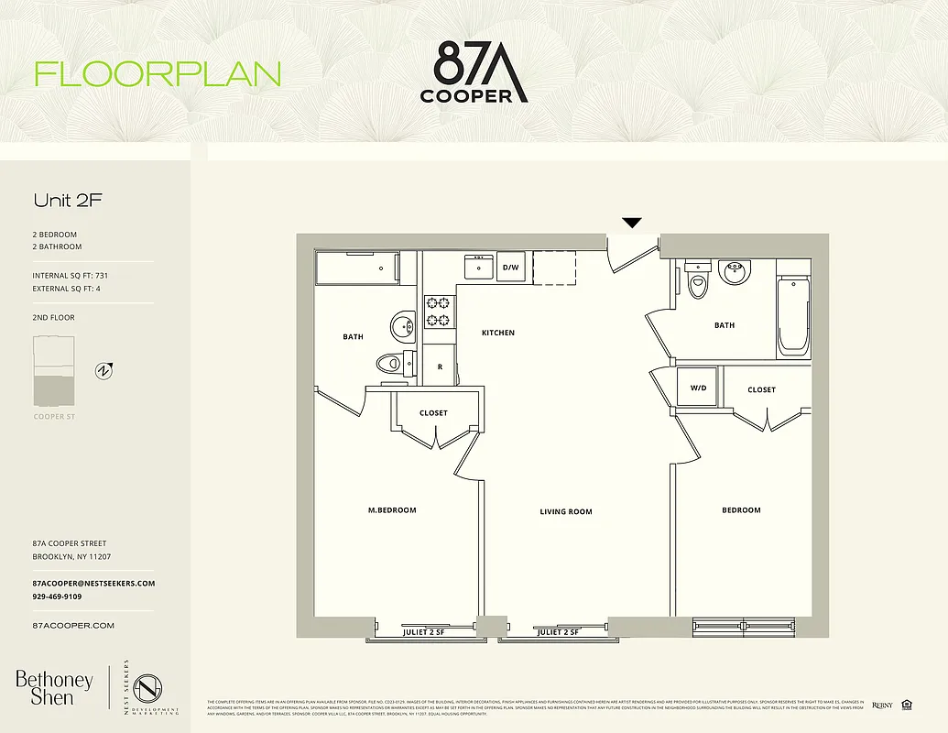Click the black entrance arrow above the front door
pyautogui.click(x=632, y=223)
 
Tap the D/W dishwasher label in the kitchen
pyautogui.click(x=511, y=268)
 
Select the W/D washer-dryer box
pyautogui.click(x=699, y=388)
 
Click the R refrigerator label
pyautogui.click(x=441, y=366)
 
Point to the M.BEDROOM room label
pyautogui.click(x=392, y=510)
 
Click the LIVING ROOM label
pyautogui.click(x=566, y=512)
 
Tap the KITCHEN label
pyautogui.click(x=498, y=333)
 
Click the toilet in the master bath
pyautogui.click(x=393, y=362)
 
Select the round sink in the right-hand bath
pyautogui.click(x=734, y=271)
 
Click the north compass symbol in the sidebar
pyautogui.click(x=104, y=371)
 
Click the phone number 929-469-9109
pyautogui.click(x=57, y=596)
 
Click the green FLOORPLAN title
pyautogui.click(x=158, y=74)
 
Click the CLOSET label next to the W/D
pyautogui.click(x=761, y=389)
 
